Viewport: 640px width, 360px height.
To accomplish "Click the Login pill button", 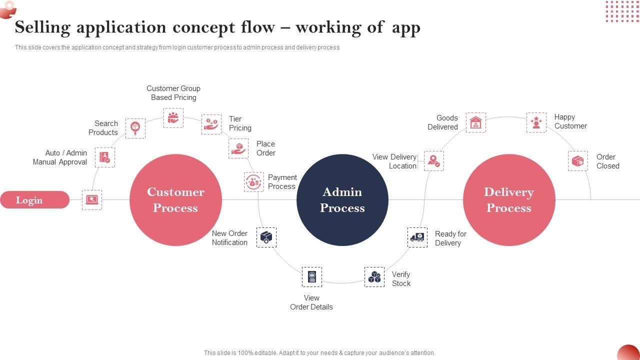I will tap(34, 200).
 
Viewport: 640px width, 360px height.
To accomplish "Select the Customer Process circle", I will tap(175, 200).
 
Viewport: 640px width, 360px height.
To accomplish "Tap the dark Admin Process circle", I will tap(342, 200).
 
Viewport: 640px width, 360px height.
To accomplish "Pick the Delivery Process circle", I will tap(509, 200).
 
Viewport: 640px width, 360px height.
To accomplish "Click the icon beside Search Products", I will tap(135, 128).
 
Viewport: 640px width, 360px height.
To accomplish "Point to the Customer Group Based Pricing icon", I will tap(173, 117).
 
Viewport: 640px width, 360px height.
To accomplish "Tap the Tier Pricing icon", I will tap(211, 124).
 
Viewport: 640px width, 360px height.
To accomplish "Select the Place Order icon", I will tap(238, 148).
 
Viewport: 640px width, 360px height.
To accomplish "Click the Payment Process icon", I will tap(254, 182).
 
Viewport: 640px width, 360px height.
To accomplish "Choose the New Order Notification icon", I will tap(266, 237).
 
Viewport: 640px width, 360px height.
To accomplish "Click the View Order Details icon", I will tap(312, 276).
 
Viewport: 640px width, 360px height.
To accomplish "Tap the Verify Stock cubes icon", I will tap(374, 276).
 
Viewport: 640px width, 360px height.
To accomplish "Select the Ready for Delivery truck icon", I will tap(417, 237).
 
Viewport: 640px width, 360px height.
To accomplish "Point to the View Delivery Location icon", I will tap(433, 161).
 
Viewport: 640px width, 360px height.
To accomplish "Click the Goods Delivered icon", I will tap(475, 122).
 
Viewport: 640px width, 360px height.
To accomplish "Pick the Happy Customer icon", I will tap(536, 122).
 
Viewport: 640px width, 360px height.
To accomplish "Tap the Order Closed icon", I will tap(577, 161).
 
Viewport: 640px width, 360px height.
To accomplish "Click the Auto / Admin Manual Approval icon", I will tap(104, 157).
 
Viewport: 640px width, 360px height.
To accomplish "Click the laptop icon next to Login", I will tap(92, 199).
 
